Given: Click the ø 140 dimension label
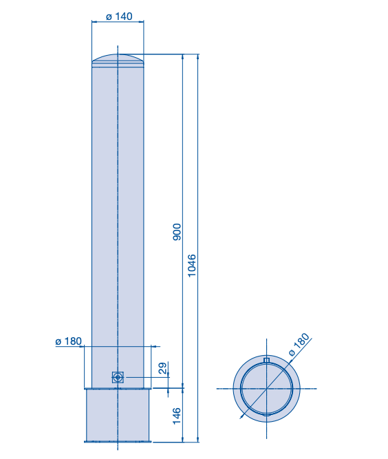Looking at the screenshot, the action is click(119, 17).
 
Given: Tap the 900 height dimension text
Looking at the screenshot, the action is click(177, 232).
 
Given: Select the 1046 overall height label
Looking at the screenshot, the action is click(192, 266).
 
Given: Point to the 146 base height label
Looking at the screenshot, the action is click(177, 416).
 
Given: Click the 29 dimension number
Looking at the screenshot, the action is click(163, 368).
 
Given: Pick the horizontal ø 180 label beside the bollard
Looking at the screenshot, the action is click(69, 341).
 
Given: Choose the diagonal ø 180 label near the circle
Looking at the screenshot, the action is click(299, 344).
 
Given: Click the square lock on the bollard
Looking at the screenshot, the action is click(118, 377).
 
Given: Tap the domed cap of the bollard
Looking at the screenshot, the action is click(118, 61).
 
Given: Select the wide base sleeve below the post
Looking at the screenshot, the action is click(118, 415).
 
